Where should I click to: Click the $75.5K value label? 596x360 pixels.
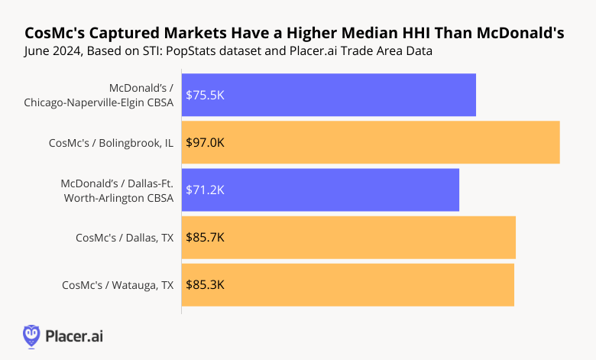pos(205,95)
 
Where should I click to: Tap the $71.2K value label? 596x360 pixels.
pos(205,190)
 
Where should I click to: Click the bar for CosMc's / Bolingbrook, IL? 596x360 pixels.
pos(371,142)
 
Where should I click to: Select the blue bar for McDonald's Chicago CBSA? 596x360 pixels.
pos(329,95)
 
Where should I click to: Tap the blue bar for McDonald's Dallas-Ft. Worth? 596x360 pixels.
pos(320,190)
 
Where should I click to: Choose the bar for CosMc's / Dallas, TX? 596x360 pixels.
pos(348,237)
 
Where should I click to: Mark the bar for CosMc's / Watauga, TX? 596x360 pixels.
pos(348,284)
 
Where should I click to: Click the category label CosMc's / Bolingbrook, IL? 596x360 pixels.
pos(111,142)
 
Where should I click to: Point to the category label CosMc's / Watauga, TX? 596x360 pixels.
pos(118,284)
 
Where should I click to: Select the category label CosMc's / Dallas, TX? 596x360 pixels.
pos(125,237)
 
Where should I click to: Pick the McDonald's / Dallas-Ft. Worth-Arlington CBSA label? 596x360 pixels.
pos(117,190)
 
